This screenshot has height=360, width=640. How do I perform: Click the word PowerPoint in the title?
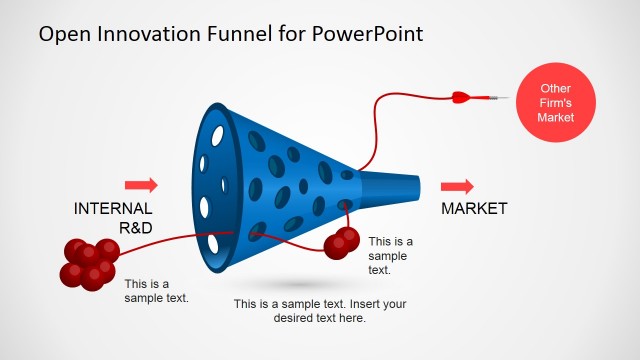click(367, 34)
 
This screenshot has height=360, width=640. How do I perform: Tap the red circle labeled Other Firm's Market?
click(554, 103)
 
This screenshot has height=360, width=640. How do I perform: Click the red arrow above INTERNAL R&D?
click(141, 185)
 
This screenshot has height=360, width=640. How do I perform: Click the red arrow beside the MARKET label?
click(457, 187)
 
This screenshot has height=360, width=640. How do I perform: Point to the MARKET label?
click(474, 209)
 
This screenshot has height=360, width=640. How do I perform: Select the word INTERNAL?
click(113, 209)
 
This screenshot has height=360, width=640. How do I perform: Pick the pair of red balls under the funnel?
click(342, 241)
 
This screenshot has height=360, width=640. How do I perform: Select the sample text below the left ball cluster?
click(156, 290)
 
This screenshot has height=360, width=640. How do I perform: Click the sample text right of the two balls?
click(390, 255)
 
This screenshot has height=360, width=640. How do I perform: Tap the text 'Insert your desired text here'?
click(320, 311)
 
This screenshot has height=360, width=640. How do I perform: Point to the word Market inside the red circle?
click(554, 118)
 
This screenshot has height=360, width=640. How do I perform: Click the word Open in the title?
click(62, 34)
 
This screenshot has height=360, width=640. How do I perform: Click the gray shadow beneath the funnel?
click(285, 282)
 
